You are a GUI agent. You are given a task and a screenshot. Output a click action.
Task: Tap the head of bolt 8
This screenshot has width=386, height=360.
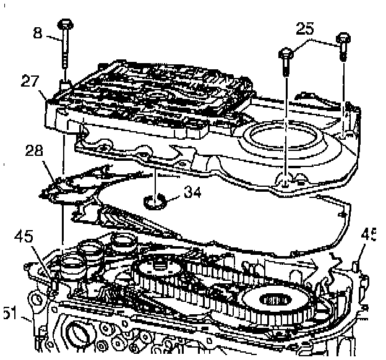point(65,24)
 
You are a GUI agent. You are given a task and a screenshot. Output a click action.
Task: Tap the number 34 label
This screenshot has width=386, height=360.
point(192,193)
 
